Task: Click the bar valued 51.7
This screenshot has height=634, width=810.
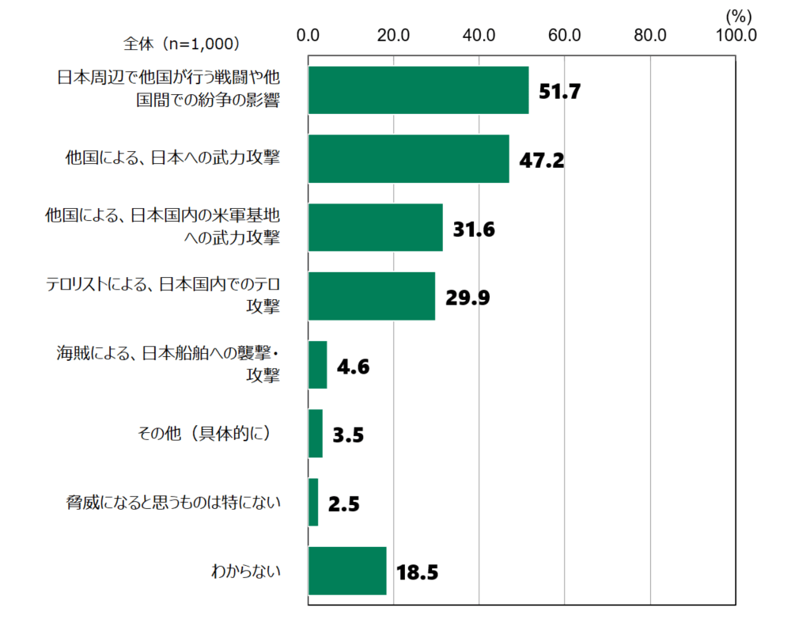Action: click(418, 90)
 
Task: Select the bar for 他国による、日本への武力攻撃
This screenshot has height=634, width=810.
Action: click(408, 159)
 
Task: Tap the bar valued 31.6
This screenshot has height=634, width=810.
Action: click(375, 228)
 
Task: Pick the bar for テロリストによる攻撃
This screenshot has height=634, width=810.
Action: click(371, 296)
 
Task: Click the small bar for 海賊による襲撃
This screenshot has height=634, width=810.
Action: click(317, 365)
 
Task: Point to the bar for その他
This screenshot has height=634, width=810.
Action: click(315, 434)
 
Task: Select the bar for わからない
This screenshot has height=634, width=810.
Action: click(346, 571)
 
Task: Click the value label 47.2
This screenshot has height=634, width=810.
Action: click(541, 161)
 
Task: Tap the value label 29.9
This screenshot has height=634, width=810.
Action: click(467, 298)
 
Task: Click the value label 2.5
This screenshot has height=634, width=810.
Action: click(343, 503)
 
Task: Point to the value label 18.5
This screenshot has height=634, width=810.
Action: click(417, 572)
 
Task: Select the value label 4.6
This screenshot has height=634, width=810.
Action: click(352, 366)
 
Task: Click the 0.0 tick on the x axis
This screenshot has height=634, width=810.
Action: click(308, 35)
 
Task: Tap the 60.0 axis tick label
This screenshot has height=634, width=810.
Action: click(564, 35)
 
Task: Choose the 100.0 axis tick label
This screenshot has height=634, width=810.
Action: click(735, 35)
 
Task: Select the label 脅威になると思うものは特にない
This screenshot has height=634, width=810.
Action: click(173, 502)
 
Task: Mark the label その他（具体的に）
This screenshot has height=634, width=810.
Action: click(207, 434)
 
